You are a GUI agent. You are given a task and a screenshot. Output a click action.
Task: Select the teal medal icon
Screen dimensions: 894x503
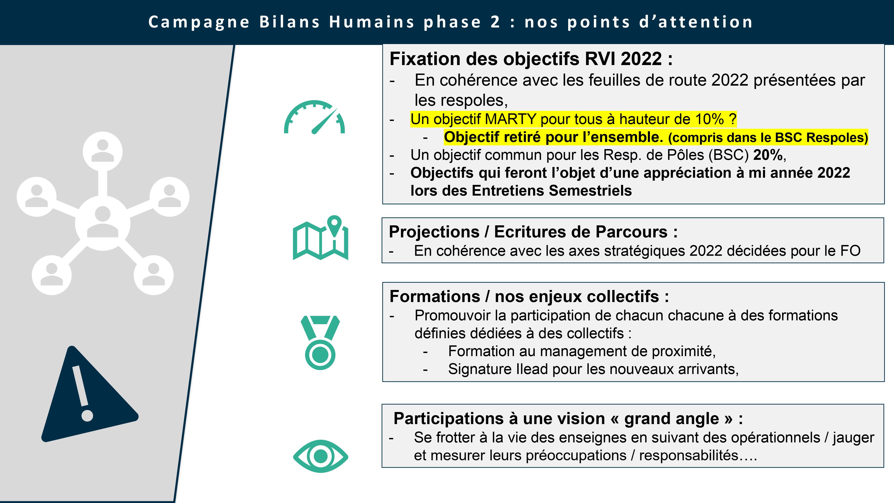pos(320,343)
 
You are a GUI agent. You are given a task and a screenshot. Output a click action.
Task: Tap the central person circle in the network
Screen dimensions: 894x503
pos(103,223)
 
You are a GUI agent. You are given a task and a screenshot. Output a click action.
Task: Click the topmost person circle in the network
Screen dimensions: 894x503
pos(103,151)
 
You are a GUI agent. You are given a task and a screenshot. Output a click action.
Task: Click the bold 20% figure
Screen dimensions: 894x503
pos(768,155)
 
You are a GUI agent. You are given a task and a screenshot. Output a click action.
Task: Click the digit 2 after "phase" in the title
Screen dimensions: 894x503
pos(495,22)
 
